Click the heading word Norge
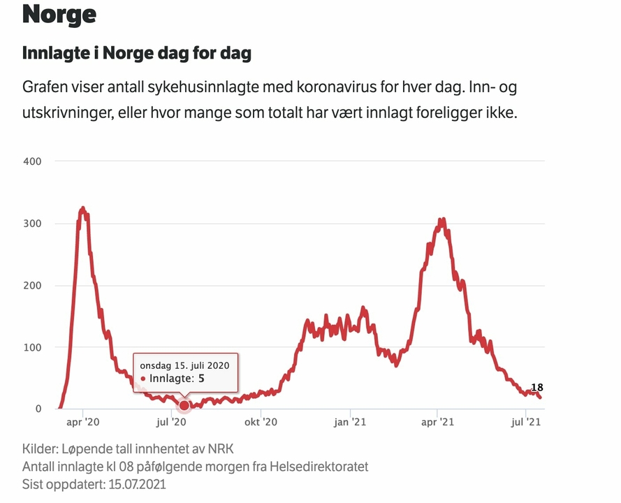59,14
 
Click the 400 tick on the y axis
33,161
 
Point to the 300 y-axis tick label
33,224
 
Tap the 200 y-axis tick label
33,285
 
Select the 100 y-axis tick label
33,347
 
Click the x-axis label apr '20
83,421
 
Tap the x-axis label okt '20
260,421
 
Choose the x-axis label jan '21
349,421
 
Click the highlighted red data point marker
184,405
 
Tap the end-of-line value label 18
537,388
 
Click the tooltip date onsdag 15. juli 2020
184,365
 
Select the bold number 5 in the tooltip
201,379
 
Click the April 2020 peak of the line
82,208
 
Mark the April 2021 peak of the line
441,219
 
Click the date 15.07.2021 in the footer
132,484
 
